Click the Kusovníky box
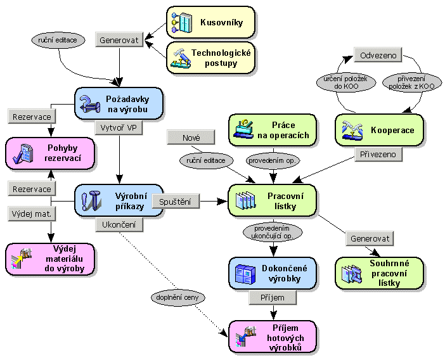click(210, 22)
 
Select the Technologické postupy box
click(210, 58)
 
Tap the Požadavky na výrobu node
click(119, 103)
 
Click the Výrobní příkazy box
click(119, 200)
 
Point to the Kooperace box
click(379, 130)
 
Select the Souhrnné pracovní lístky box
click(379, 273)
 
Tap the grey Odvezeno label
click(378, 56)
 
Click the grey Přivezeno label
click(378, 154)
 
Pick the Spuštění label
click(176, 202)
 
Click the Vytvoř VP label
click(119, 127)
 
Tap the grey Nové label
click(191, 136)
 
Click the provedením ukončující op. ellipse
click(273, 232)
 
